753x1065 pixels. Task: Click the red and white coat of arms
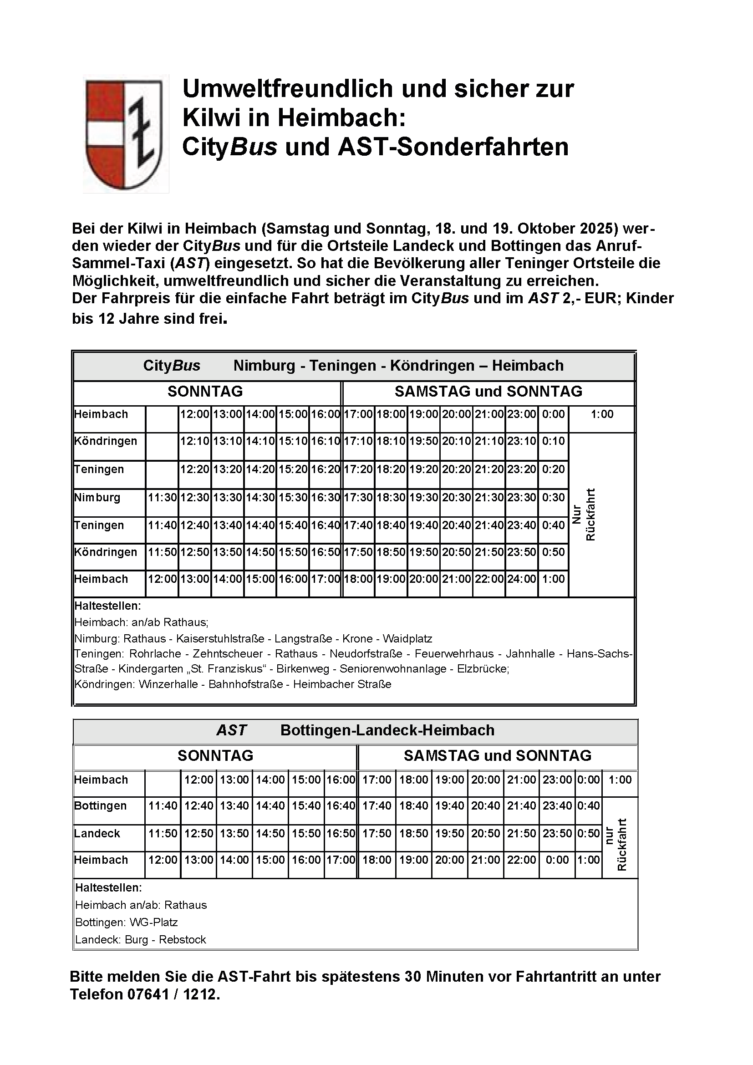[x=124, y=134]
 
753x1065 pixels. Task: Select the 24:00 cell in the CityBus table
[x=522, y=579]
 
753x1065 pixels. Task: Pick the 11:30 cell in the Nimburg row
[x=162, y=498]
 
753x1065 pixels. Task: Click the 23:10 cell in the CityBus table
[x=522, y=441]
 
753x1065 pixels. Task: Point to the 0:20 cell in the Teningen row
[x=554, y=469]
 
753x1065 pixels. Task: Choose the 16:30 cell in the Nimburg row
[x=326, y=498]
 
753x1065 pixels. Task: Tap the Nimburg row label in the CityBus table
[x=97, y=498]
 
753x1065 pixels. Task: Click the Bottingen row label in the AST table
[x=101, y=806]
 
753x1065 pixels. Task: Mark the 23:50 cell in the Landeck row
[x=557, y=834]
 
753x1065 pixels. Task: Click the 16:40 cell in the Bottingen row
[x=341, y=806]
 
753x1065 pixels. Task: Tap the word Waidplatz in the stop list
[x=407, y=639]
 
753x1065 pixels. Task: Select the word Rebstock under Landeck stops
[x=182, y=940]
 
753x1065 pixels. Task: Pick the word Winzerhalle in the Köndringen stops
[x=168, y=684]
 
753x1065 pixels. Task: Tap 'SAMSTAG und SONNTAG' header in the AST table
[x=498, y=756]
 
